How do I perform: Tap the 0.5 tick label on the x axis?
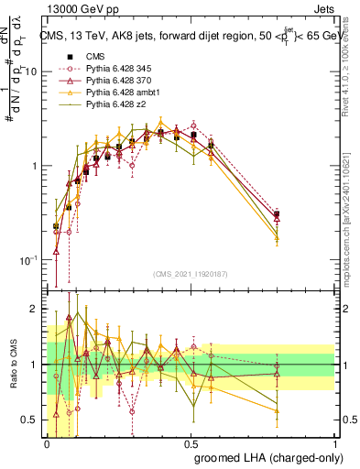coord(191,442)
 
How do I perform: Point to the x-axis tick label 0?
coord(48,442)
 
